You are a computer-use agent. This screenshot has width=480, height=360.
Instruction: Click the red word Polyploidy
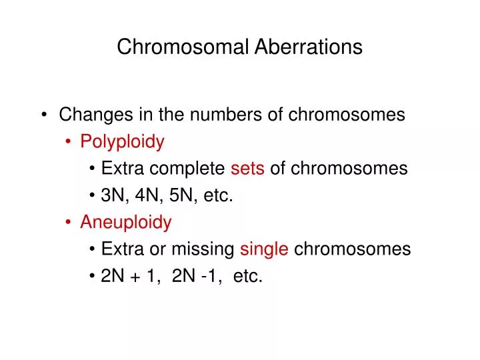pos(122,142)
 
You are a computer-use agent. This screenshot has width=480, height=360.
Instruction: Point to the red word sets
pos(248,169)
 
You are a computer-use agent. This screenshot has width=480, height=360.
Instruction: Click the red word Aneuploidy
pos(126,222)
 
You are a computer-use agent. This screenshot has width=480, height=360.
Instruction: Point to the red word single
pos(264,249)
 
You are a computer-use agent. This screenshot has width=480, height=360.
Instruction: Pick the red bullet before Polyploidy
pos(70,142)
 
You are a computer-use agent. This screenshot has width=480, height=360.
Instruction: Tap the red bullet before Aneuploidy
pos(70,222)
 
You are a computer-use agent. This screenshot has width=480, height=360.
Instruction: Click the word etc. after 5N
pos(217,195)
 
